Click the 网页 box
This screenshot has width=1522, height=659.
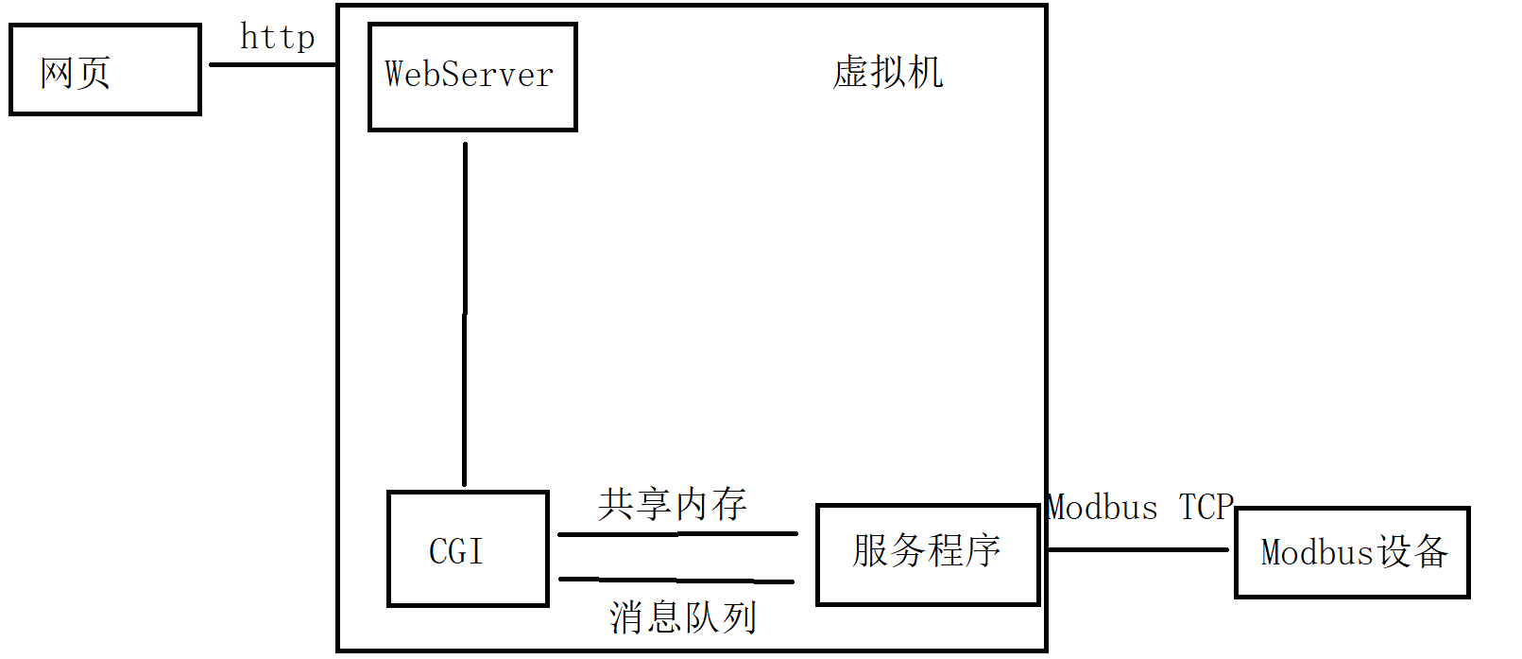coord(105,70)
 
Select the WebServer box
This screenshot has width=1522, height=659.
coord(471,77)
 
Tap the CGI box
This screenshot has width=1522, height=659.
coord(468,548)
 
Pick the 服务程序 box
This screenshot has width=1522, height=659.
coord(927,554)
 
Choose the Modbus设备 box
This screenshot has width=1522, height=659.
coord(1352,553)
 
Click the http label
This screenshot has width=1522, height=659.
coord(277,38)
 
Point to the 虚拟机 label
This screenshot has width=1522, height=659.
coord(887,73)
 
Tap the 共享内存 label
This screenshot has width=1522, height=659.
coord(672,504)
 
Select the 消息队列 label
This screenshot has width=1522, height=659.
coord(682,617)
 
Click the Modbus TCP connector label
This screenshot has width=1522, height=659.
coord(1139,508)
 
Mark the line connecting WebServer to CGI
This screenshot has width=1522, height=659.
coord(465,312)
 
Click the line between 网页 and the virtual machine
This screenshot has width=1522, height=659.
coord(272,64)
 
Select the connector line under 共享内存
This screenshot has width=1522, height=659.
coord(677,534)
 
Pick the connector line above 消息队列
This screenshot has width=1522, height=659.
coord(677,580)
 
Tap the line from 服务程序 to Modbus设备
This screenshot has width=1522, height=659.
coord(1137,549)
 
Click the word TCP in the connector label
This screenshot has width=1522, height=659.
coord(1206,508)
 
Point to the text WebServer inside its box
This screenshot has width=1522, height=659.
coord(469,75)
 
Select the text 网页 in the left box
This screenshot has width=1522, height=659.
coord(76,73)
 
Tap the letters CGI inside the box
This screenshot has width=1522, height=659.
coord(456,551)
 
